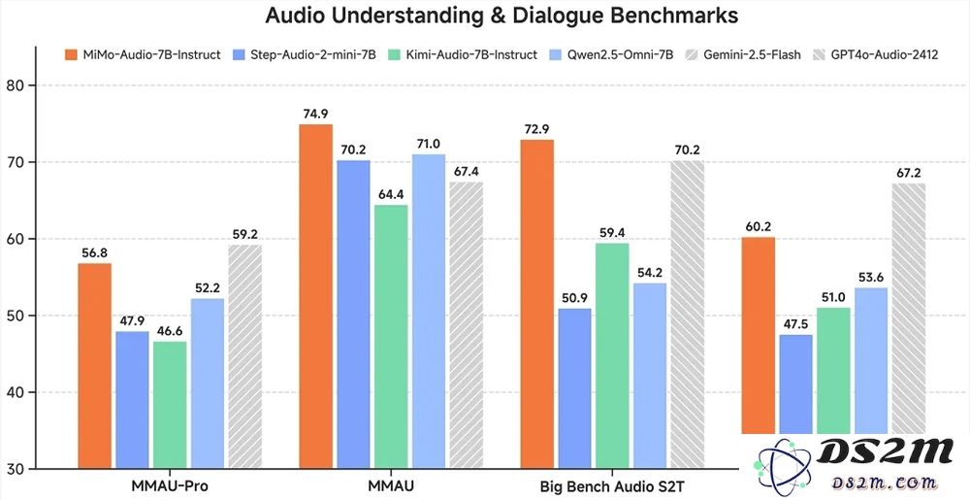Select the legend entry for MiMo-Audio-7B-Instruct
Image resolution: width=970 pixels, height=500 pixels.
coord(143,54)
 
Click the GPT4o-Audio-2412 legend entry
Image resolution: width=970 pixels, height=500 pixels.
coord(878,54)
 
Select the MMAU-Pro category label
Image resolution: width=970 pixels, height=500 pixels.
coord(169,484)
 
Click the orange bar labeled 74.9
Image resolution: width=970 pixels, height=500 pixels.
coord(316,296)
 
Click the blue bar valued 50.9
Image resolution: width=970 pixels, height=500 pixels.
coord(575,388)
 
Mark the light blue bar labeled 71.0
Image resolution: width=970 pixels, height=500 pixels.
coord(429,311)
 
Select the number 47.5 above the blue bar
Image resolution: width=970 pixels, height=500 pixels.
coord(795,324)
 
